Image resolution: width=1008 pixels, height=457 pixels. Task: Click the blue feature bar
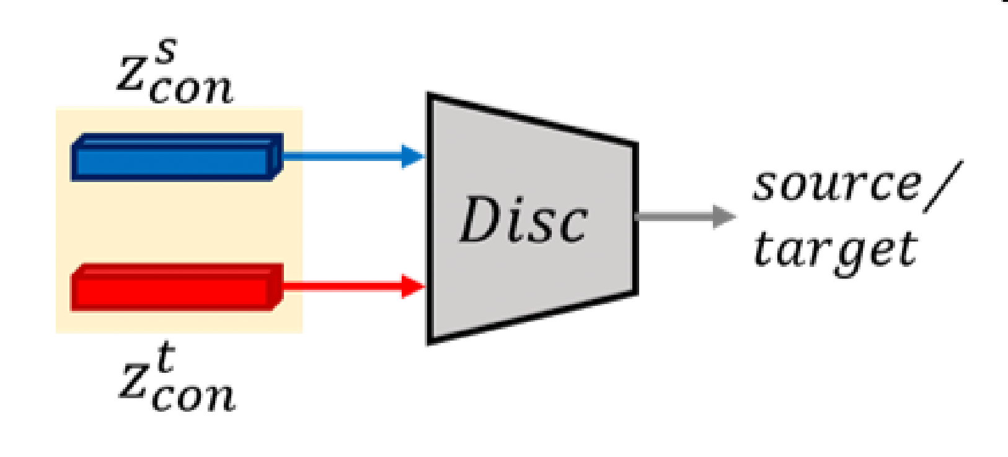point(174,158)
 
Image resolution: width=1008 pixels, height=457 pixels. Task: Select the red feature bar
point(174,288)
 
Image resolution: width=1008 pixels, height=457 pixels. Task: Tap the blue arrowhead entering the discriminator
point(412,156)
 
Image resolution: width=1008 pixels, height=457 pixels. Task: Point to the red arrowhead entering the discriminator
point(412,286)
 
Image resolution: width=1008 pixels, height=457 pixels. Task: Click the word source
point(837,185)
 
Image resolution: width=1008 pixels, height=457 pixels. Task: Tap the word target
point(835,250)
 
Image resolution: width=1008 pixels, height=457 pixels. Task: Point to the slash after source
point(944,186)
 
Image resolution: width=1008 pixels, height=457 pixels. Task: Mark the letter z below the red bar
point(134,381)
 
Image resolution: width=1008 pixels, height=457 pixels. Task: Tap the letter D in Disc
point(478,220)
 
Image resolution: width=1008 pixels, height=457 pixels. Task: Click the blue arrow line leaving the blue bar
point(341,156)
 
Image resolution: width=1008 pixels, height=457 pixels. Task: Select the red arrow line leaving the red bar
point(341,286)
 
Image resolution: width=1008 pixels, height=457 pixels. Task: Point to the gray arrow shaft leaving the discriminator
point(673,217)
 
